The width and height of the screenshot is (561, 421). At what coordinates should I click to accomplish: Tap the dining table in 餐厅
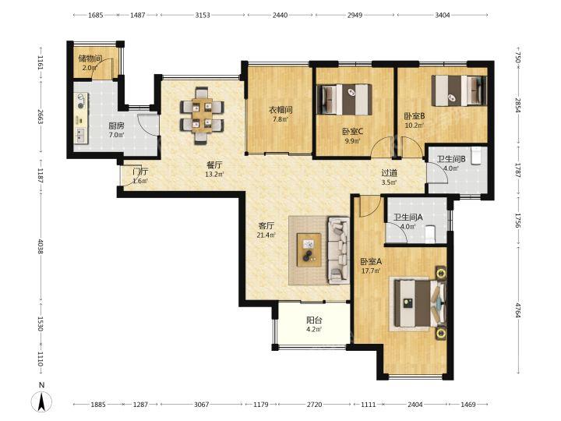[x=203, y=115]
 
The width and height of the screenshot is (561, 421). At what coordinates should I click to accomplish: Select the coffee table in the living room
[x=309, y=249]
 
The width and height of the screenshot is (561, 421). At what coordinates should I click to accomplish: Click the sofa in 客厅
[x=337, y=250]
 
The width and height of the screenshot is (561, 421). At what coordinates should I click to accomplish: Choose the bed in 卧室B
[x=460, y=90]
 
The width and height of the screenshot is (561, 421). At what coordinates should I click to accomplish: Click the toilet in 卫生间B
[x=476, y=156]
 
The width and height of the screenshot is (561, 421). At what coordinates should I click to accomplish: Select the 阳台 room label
[x=314, y=320]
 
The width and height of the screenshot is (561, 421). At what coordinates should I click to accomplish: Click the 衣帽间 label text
[x=280, y=110]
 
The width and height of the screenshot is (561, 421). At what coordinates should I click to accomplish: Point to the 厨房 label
[x=116, y=126]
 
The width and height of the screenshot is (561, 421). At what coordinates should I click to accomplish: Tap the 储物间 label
[x=90, y=58]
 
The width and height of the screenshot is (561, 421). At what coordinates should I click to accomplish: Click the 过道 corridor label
[x=389, y=173]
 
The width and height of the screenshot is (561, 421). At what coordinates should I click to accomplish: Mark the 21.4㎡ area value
[x=266, y=235]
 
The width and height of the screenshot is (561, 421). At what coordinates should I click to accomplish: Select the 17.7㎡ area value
[x=371, y=271]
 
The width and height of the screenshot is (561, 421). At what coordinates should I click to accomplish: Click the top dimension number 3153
[x=203, y=15]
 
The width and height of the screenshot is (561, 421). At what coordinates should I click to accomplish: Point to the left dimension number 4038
[x=41, y=246]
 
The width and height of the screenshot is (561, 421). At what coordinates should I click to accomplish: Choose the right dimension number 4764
[x=517, y=310]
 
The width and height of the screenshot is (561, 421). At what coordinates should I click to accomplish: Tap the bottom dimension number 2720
[x=314, y=404]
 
